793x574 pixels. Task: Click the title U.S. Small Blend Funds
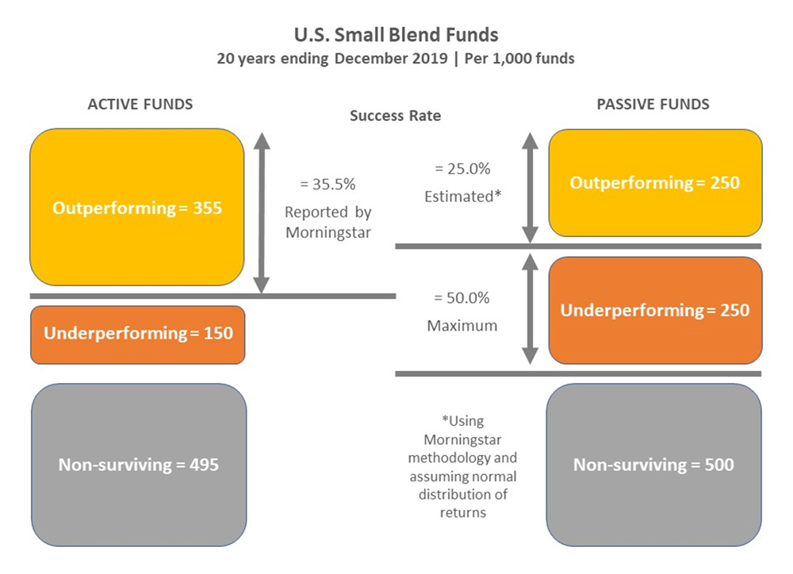(396, 35)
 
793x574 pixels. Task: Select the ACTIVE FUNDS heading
(140, 104)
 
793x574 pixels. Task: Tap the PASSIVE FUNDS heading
(653, 104)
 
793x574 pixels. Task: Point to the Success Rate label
(395, 116)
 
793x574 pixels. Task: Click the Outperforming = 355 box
(137, 208)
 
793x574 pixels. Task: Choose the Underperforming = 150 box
(137, 335)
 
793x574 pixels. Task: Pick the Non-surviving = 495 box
(139, 465)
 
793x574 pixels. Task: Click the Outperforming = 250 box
(655, 183)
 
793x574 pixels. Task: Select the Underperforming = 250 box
(655, 311)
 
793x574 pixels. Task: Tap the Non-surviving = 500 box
(653, 465)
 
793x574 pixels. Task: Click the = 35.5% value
(328, 184)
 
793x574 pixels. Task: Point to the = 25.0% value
(463, 168)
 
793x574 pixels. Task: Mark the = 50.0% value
(462, 297)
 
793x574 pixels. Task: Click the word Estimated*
(463, 196)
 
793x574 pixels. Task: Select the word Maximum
(462, 325)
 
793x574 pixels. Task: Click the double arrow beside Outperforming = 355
(262, 212)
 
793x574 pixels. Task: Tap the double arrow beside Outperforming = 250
(530, 188)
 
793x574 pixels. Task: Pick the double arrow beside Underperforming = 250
(530, 309)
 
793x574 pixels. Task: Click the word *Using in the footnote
(463, 421)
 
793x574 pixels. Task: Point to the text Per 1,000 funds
(519, 59)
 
